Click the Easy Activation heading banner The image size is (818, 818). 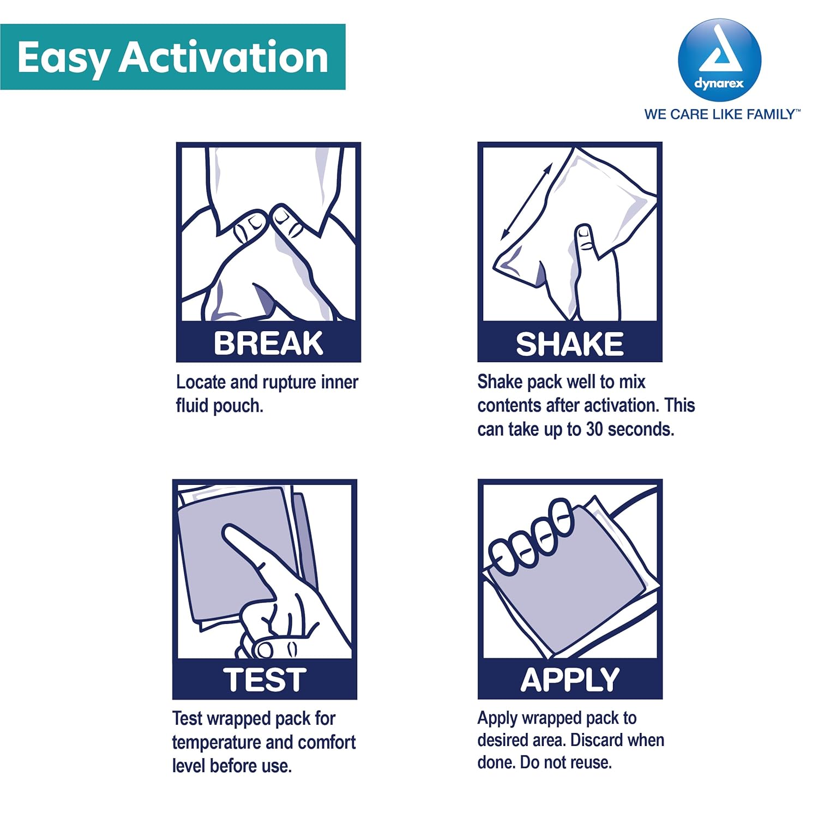pos(173,57)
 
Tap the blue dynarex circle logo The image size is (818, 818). pos(719,60)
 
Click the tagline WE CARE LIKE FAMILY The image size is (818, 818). pos(722,115)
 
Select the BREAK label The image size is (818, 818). pos(268,344)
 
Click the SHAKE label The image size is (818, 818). pos(570,344)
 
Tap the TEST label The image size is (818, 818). pos(264,680)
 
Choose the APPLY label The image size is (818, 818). pos(570,680)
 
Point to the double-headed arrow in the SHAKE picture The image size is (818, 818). pos(527,202)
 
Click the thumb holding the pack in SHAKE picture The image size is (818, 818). pos(586,245)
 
